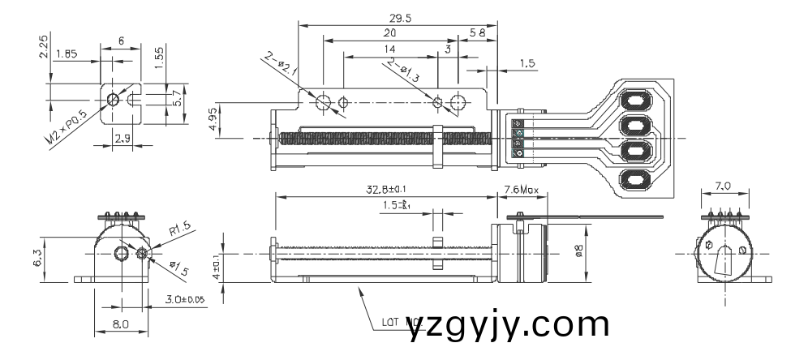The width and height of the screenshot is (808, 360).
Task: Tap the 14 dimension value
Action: point(390,49)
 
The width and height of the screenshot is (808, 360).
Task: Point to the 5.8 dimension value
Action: point(478,33)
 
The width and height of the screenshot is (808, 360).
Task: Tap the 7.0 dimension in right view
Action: point(724,187)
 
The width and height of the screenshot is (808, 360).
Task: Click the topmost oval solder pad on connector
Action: point(636,101)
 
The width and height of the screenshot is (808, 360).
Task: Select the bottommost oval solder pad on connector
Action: point(636,180)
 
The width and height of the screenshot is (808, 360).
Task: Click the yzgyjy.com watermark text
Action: point(509,326)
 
